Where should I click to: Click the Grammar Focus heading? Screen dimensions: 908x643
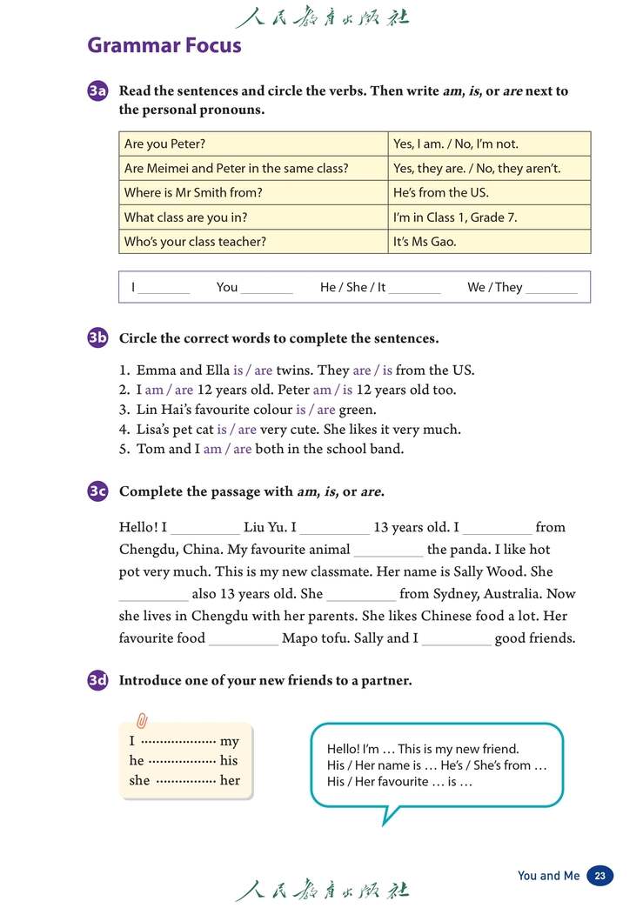point(164,45)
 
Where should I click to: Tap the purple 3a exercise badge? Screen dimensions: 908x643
point(97,91)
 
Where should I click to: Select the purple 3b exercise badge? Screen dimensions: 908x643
point(97,338)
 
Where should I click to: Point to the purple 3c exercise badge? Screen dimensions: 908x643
point(97,491)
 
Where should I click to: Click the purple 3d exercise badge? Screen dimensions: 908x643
point(97,681)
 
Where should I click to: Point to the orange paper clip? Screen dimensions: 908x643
point(142,721)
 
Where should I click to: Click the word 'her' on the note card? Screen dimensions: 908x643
point(230,780)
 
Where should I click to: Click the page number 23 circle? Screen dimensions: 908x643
point(599,876)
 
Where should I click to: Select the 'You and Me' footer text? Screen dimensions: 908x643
point(548,876)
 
